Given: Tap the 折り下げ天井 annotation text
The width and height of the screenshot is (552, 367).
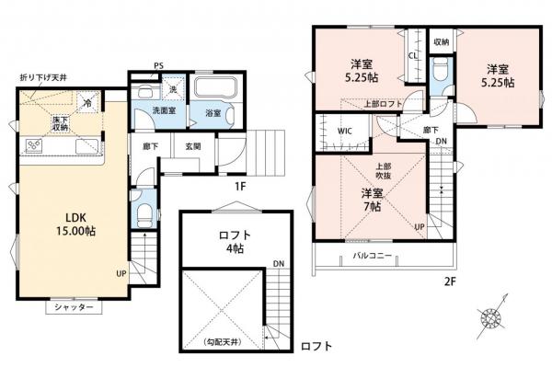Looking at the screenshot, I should tap(45, 80).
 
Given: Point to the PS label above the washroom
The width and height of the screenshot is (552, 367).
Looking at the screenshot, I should tap(159, 66).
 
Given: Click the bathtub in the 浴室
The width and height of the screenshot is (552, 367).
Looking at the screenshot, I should tap(217, 91).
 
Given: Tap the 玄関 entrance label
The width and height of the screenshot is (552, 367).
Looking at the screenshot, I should tap(194, 145).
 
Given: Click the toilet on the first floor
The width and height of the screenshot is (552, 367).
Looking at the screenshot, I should tap(142, 209).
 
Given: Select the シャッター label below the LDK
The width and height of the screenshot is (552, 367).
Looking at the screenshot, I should tap(71, 307).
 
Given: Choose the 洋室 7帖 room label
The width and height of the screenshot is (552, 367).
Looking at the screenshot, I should tap(371, 201).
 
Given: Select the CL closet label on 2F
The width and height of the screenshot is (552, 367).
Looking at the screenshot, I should tap(413, 54).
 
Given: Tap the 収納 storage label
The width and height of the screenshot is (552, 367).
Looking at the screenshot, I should tap(442, 42).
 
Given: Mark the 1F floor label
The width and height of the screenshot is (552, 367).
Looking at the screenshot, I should tap(239, 184).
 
